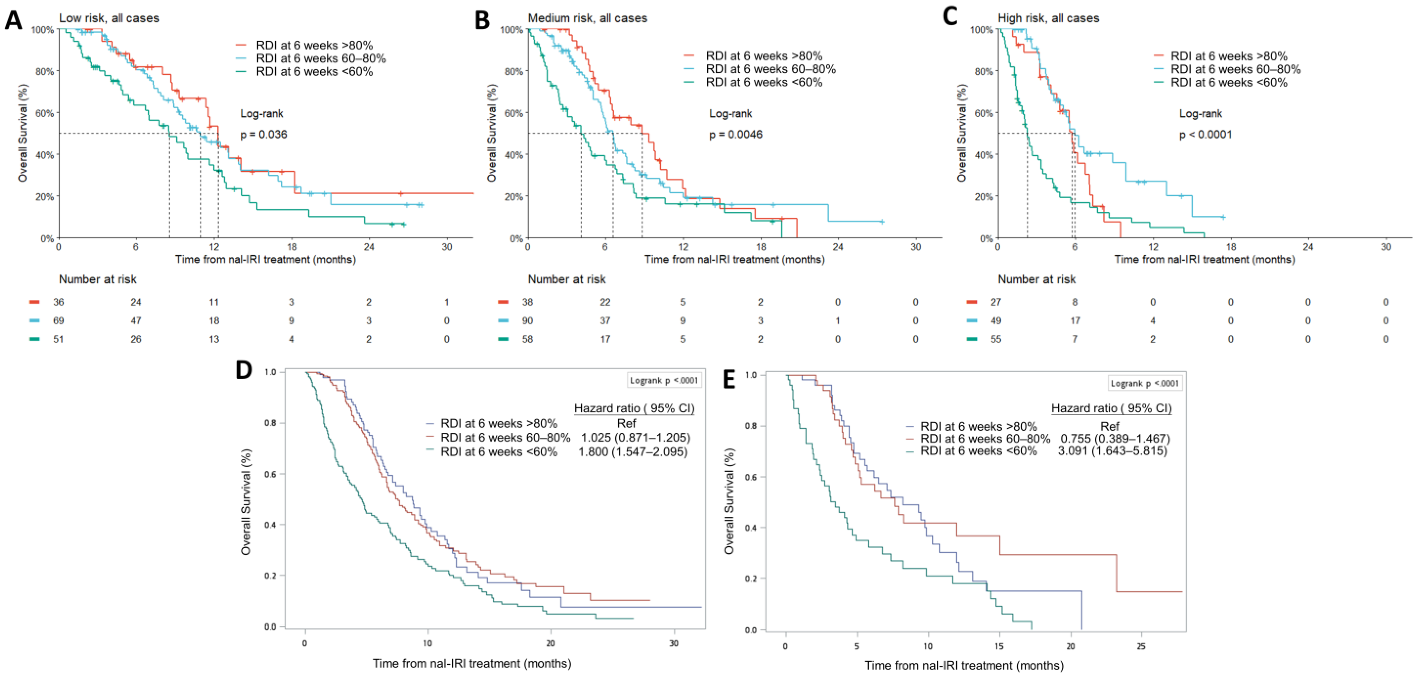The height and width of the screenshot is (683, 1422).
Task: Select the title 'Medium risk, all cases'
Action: tap(587, 18)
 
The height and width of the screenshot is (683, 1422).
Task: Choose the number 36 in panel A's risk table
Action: tap(59, 302)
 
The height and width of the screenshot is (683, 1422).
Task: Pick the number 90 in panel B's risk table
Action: tap(528, 321)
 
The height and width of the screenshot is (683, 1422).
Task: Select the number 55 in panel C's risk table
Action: tap(996, 339)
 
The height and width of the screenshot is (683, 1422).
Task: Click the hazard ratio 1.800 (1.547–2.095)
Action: tap(633, 452)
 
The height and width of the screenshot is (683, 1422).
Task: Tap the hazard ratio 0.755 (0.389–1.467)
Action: tap(1115, 439)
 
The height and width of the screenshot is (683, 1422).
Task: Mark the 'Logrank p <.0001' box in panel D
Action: tap(664, 380)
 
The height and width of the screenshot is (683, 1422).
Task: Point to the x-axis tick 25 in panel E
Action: tap(1141, 646)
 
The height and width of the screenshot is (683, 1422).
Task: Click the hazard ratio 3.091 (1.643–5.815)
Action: tap(1112, 451)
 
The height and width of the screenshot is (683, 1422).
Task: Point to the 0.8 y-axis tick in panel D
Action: tap(270, 423)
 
